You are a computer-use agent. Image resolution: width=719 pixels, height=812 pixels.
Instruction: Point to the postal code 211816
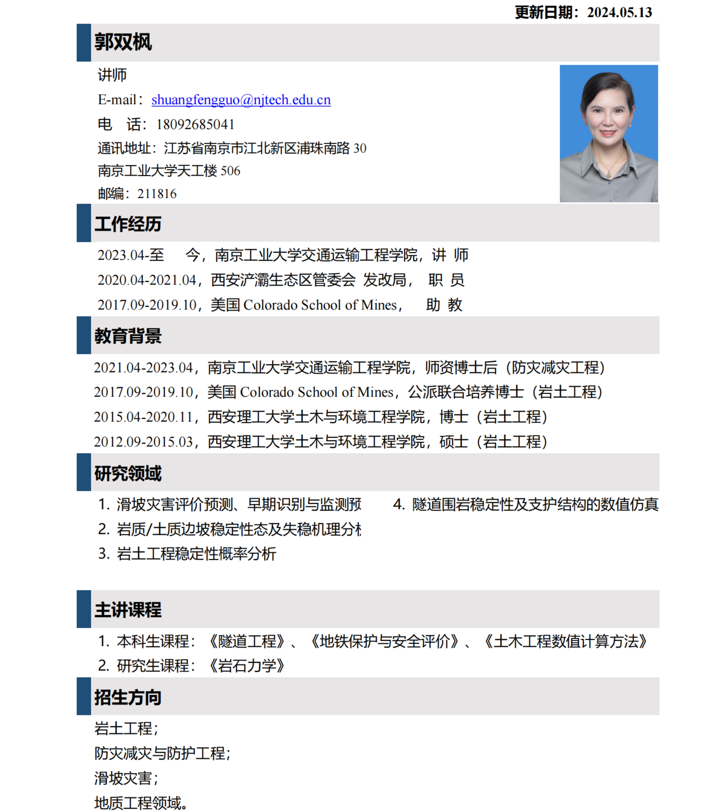[x=157, y=194]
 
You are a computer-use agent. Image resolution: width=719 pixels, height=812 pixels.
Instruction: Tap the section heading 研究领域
[x=128, y=473]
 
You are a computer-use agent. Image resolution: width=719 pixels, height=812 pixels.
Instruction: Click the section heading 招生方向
[x=128, y=698]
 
